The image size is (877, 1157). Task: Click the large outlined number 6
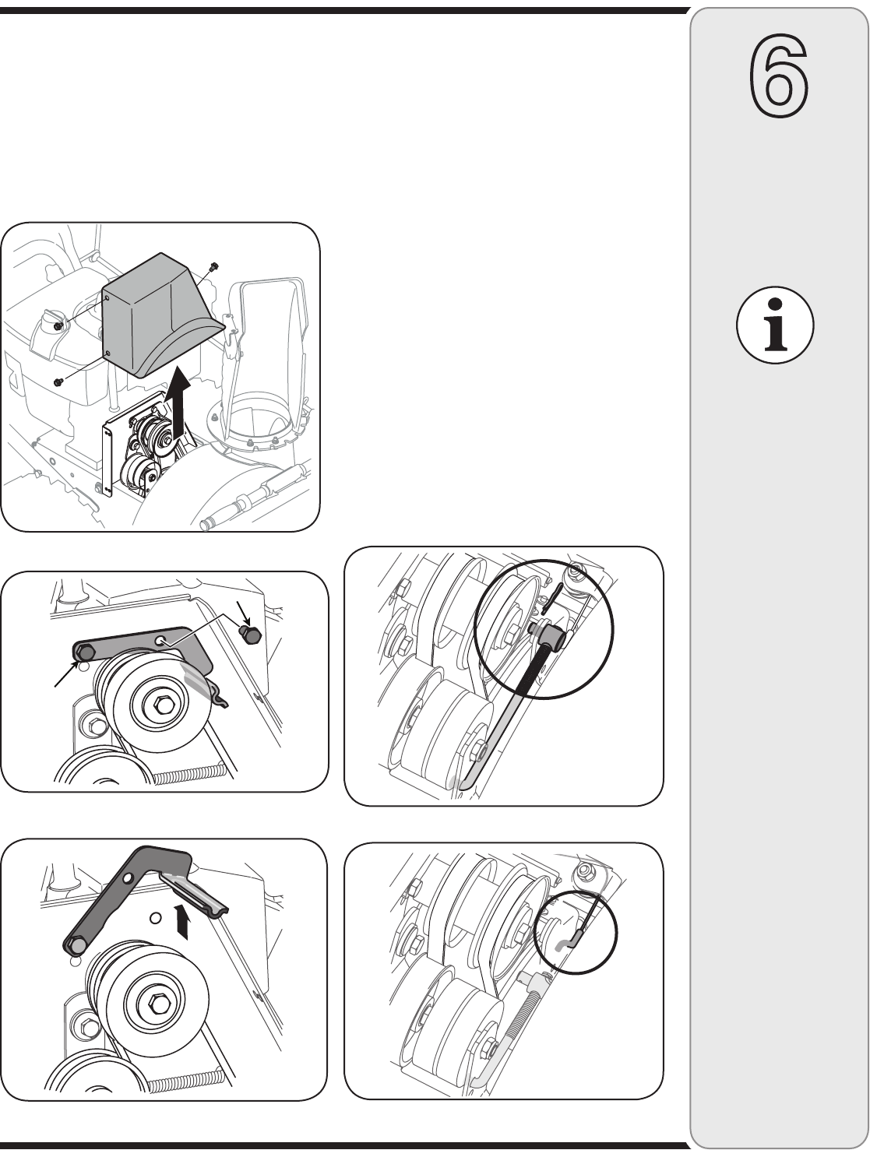point(779,79)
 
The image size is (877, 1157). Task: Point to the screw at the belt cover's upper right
point(214,267)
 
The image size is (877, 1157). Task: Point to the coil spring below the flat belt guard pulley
point(191,773)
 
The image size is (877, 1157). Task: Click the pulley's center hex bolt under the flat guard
point(164,705)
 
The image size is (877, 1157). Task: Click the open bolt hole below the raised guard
point(156,918)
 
